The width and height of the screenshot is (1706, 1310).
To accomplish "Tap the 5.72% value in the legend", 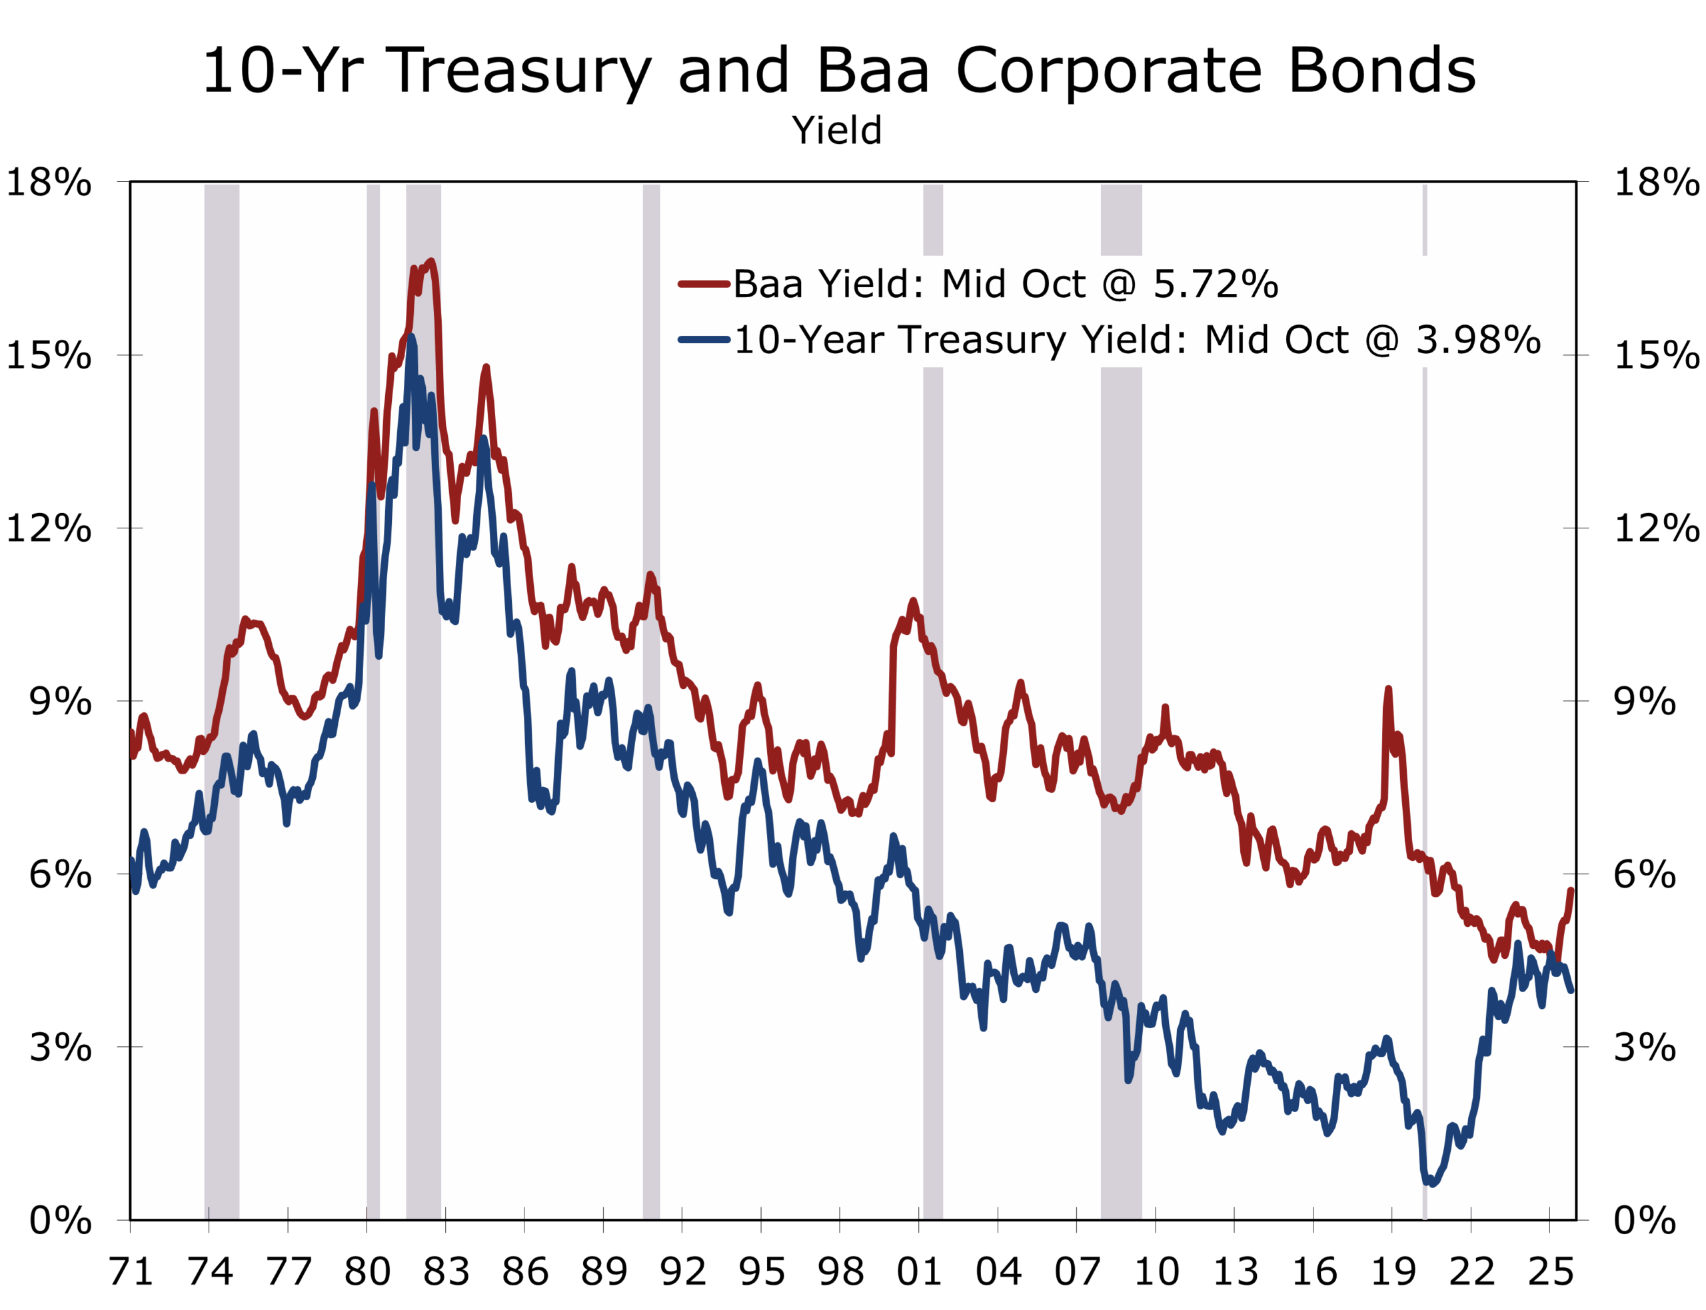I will click(x=1216, y=284).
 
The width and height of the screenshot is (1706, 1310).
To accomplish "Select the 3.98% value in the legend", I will click(x=1477, y=340).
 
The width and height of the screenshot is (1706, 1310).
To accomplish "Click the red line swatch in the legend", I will click(x=703, y=284).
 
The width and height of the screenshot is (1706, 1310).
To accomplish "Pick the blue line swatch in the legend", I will click(x=703, y=340).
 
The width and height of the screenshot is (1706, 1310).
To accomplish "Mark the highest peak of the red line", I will click(x=431, y=262).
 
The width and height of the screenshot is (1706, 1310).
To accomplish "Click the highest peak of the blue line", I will click(x=411, y=337).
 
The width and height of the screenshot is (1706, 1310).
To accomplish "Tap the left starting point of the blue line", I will click(x=133, y=860).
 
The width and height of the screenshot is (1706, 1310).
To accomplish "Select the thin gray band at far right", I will click(x=1425, y=702).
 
